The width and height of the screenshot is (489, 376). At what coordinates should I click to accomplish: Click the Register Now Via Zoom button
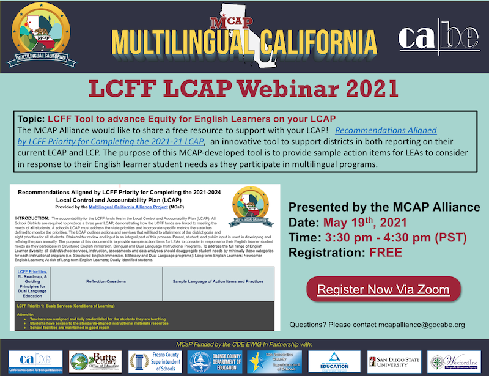(x=383, y=289)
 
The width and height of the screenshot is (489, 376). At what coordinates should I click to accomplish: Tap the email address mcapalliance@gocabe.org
(x=421, y=325)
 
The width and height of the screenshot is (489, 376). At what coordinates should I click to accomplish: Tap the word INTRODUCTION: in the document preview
(x=35, y=218)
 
